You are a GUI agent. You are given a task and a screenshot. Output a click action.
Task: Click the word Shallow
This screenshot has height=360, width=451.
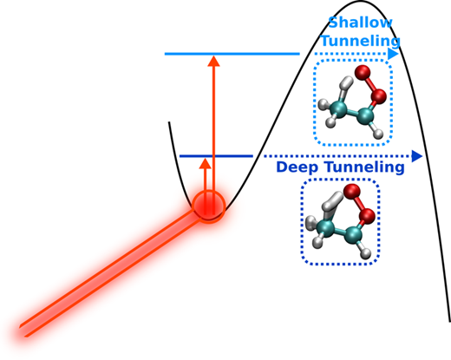coord(360,23)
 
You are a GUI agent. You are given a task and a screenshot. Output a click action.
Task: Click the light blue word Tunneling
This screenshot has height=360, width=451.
coord(361,41)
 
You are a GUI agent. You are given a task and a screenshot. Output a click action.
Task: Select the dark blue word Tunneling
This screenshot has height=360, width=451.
coord(364,167)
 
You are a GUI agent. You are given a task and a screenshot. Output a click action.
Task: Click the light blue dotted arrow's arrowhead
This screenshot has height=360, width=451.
coord(393,54)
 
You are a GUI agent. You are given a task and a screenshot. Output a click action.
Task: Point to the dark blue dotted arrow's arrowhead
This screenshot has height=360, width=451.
coord(417,156)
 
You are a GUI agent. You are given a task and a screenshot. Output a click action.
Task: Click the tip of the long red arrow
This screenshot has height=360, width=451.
coord(213,56)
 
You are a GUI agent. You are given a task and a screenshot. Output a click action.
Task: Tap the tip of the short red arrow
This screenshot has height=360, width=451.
coord(206,159)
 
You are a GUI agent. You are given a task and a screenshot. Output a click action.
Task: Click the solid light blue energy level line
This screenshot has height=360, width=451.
coord(232,54)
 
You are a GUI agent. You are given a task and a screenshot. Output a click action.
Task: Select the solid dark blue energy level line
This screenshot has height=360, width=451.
coord(216,156)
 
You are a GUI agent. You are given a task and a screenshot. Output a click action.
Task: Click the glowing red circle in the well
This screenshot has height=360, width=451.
coord(209,206)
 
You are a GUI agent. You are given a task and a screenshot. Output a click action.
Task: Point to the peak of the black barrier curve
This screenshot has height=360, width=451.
coord(360,2)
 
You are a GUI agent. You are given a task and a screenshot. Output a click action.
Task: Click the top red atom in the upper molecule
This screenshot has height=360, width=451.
coord(363,72)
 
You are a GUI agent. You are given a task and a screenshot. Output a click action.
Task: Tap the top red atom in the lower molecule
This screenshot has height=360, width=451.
coord(352,191)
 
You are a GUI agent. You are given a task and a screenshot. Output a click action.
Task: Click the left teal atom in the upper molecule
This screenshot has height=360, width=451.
coord(338,109)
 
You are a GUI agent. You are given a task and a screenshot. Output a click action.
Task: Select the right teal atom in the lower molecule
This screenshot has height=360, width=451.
coord(353,233)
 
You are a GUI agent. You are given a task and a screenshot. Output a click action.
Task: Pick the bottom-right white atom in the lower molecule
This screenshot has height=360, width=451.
coord(366,253)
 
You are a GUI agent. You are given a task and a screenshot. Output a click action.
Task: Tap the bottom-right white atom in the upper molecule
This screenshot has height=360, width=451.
coord(378,134)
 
